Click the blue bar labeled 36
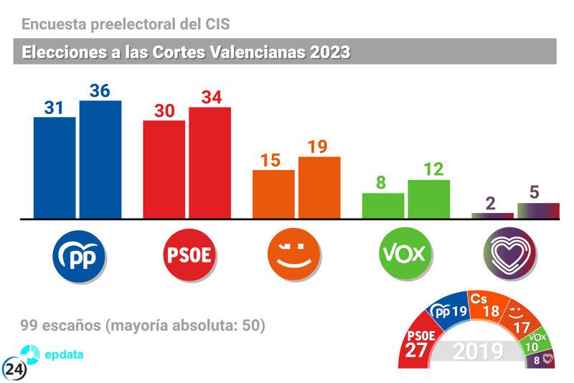100,159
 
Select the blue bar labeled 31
55,167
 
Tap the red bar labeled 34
210,162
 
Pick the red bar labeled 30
164,169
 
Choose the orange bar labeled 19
319,187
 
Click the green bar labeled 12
428,199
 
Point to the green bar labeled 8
383,205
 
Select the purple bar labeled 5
538,210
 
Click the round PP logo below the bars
79,254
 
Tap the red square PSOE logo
188,254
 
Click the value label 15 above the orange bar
270,160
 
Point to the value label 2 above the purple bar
491,203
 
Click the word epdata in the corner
66,354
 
